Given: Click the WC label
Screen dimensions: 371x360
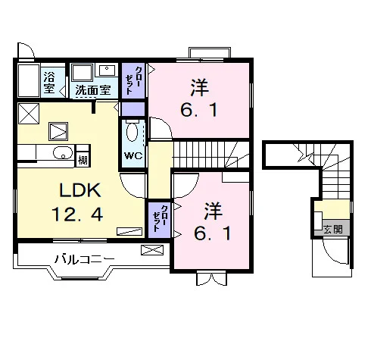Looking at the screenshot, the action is click(x=133, y=155).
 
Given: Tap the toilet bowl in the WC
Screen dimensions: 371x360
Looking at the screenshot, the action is click(x=132, y=132).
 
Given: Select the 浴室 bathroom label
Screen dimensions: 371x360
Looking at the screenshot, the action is click(x=49, y=83).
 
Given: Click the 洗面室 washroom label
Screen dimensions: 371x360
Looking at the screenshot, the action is click(x=93, y=89).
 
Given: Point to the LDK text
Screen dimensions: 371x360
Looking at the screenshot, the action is click(x=80, y=190).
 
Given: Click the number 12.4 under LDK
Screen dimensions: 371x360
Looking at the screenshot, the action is click(x=77, y=214).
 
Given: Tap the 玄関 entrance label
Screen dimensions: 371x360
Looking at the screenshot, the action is click(x=333, y=229).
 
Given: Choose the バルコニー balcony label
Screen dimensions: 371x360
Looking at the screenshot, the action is click(x=85, y=259).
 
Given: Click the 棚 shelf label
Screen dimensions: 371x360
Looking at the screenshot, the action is click(x=83, y=160).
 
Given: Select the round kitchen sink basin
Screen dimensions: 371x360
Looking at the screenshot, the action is click(x=63, y=152).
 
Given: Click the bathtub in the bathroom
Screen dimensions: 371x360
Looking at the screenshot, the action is click(x=29, y=80).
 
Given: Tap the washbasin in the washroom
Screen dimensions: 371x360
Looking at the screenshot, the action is click(x=107, y=70).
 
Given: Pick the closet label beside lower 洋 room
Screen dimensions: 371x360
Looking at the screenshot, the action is click(x=160, y=218).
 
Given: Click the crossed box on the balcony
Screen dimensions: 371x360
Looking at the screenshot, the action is click(x=152, y=250).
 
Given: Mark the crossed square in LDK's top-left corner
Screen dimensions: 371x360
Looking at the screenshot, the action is click(x=29, y=114).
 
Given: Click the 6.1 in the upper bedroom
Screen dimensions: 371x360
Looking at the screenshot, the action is click(x=199, y=111).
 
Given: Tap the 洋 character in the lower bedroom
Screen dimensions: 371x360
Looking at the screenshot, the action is click(x=213, y=211).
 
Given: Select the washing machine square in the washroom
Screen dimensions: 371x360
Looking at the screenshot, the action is click(x=82, y=73).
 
